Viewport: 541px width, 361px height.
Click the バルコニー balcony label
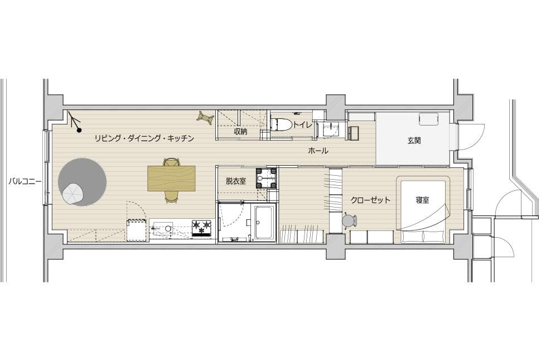pos(25,181)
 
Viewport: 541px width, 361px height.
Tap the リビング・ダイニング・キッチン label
pos(144,138)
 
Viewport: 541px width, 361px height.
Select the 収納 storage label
pos(241,132)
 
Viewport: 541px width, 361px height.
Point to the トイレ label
pos(303,124)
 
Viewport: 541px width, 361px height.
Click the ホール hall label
pos(318,151)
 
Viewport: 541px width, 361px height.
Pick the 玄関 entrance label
pos(414,141)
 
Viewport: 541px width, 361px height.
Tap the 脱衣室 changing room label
pos(236,181)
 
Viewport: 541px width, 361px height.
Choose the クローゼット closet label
pos(370,200)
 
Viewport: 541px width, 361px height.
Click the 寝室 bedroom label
pos(422,200)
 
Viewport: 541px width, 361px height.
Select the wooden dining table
pos(171,178)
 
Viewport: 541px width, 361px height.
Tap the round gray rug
pos(83,182)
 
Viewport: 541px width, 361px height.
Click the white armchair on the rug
pos(73,194)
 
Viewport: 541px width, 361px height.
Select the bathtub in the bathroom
pos(264,222)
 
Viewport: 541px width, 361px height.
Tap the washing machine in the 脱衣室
pos(267,178)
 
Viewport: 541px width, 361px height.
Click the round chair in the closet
pos(350,220)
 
